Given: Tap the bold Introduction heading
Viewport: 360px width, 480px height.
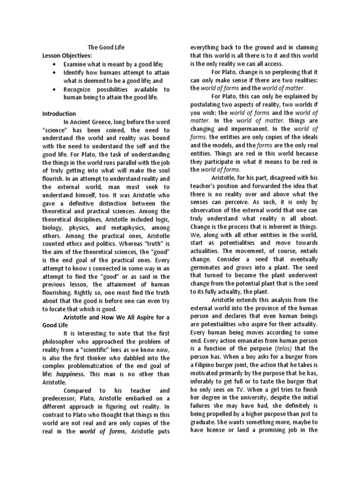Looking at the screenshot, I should [59, 113].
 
